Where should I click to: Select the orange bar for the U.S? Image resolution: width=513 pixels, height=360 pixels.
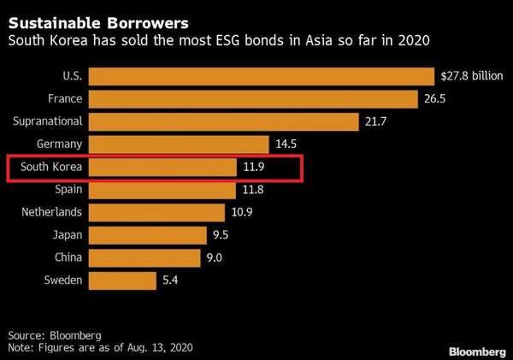(x=262, y=77)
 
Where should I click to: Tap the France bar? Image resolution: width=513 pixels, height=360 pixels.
(x=256, y=99)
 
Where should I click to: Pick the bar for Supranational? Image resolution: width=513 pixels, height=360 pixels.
(x=223, y=122)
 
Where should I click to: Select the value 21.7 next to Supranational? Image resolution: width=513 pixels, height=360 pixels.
(x=376, y=122)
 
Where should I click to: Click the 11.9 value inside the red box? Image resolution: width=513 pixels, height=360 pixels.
(x=255, y=167)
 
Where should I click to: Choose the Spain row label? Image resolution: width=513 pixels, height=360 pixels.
(x=68, y=189)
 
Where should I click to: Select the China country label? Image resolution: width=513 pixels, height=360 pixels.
(x=67, y=257)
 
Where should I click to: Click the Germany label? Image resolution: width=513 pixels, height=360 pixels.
(x=60, y=145)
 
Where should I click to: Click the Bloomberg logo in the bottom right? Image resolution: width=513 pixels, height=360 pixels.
(x=476, y=351)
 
